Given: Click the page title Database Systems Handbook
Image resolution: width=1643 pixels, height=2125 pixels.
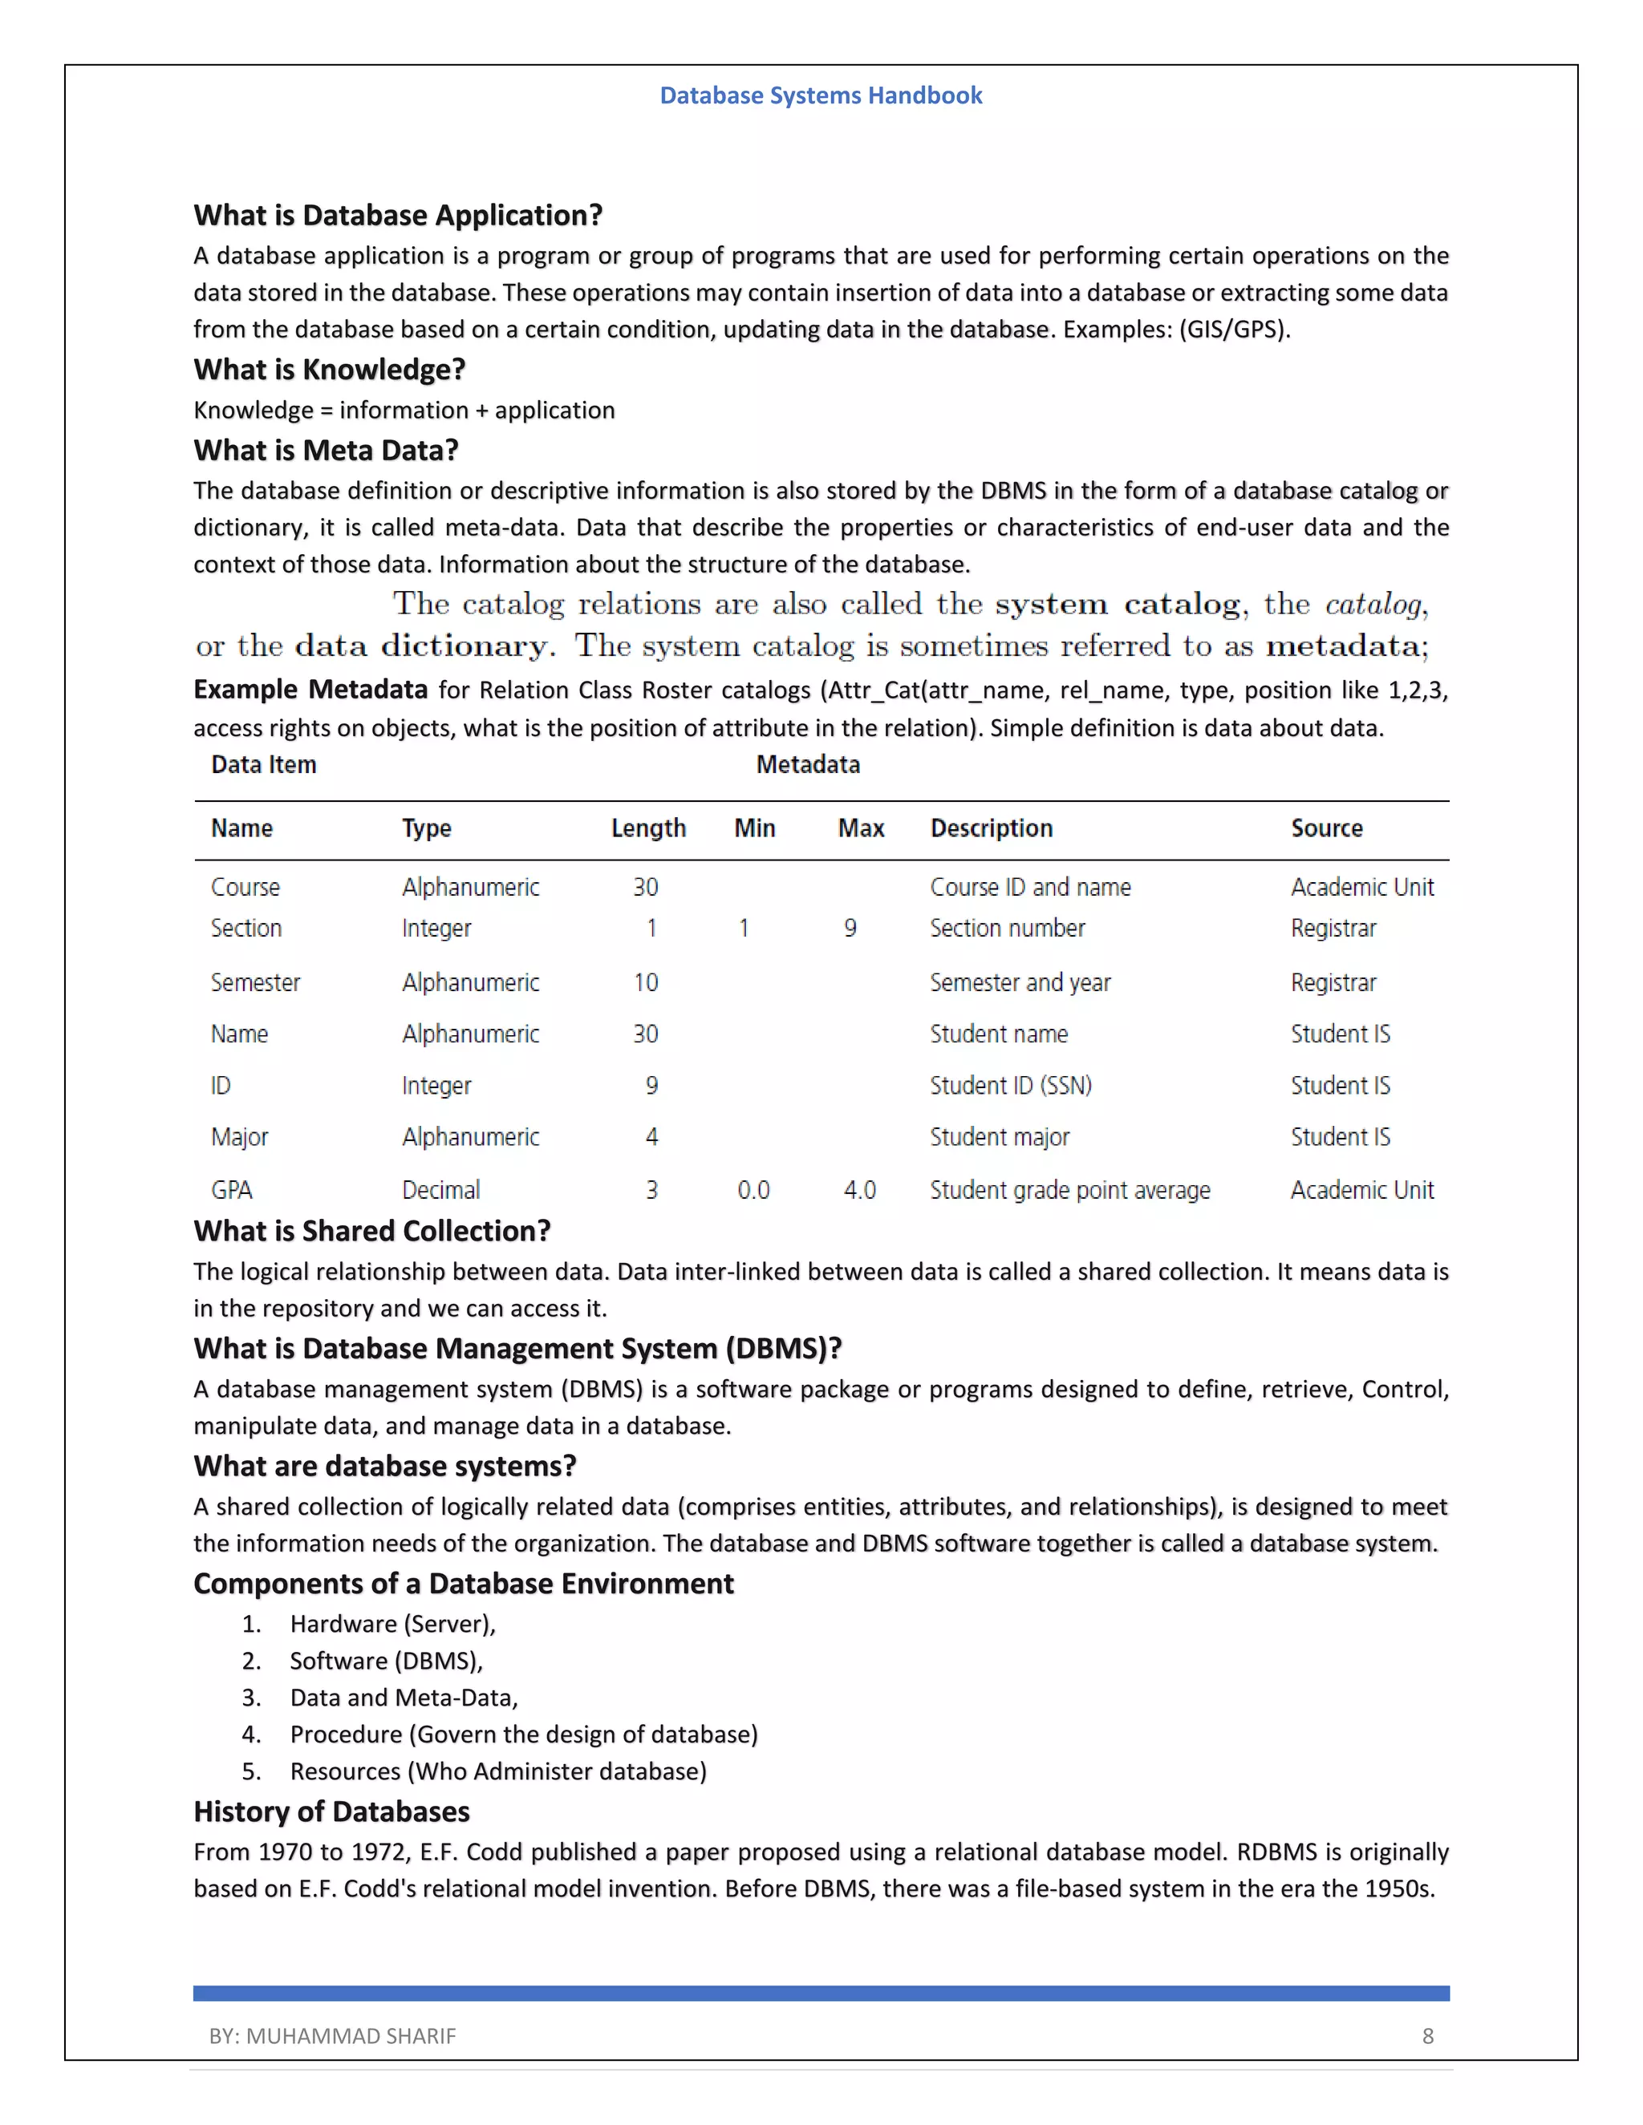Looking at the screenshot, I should click(x=821, y=95).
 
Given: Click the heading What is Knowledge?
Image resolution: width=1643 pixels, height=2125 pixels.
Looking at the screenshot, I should click(x=329, y=370).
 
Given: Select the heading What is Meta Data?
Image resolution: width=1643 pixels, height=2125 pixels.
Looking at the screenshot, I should click(x=325, y=451).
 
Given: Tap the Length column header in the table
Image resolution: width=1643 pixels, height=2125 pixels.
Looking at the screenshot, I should click(x=648, y=828).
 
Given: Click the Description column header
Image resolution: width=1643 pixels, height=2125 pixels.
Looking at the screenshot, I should click(x=991, y=828).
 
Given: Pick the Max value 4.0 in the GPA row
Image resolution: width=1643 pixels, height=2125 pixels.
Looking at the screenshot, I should click(x=859, y=1190).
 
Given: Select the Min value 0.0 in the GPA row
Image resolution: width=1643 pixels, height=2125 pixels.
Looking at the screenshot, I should click(x=753, y=1190).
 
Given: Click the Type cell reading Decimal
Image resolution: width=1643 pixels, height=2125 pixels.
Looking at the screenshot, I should click(x=441, y=1190).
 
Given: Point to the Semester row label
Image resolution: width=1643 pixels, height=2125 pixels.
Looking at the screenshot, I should click(x=255, y=983).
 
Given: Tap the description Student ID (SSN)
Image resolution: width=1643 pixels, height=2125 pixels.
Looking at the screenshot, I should click(x=1010, y=1086).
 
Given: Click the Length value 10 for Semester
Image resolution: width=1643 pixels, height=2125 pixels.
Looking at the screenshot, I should click(x=645, y=983).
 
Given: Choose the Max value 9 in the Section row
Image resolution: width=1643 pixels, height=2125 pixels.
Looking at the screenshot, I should click(x=850, y=929).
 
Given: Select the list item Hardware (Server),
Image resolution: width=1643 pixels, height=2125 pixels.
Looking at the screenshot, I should click(x=392, y=1624).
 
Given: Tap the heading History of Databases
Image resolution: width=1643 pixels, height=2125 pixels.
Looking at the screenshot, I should click(x=331, y=1811).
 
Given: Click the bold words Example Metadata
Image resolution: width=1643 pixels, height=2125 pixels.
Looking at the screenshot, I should click(x=310, y=690).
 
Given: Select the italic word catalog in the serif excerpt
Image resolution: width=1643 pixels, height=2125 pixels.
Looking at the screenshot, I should click(x=1373, y=605).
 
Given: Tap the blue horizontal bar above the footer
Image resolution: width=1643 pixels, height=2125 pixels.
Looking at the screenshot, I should click(x=821, y=1993).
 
